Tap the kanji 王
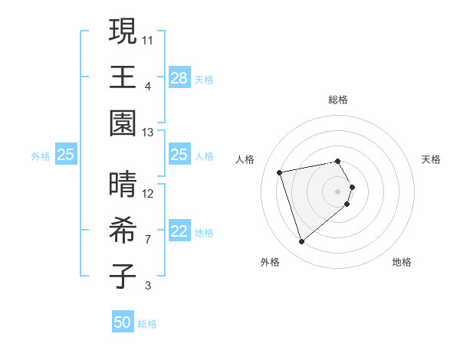coord(123,77)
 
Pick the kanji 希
coord(123,231)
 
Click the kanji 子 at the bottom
coord(123,277)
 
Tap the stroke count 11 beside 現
coord(148,39)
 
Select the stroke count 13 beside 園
coord(148,133)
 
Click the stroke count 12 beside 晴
coord(148,193)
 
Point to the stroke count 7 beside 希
coord(148,240)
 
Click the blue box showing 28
coord(179,78)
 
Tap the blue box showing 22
coord(179,232)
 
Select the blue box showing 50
coord(123,323)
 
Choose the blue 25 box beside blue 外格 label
coord(66,155)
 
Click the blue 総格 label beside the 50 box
coord(147,324)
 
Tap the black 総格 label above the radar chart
coord(337,100)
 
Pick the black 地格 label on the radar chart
coord(402,262)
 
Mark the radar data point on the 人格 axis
coord(280,172)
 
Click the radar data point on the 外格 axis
coord(301,242)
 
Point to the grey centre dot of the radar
coord(337,190)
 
